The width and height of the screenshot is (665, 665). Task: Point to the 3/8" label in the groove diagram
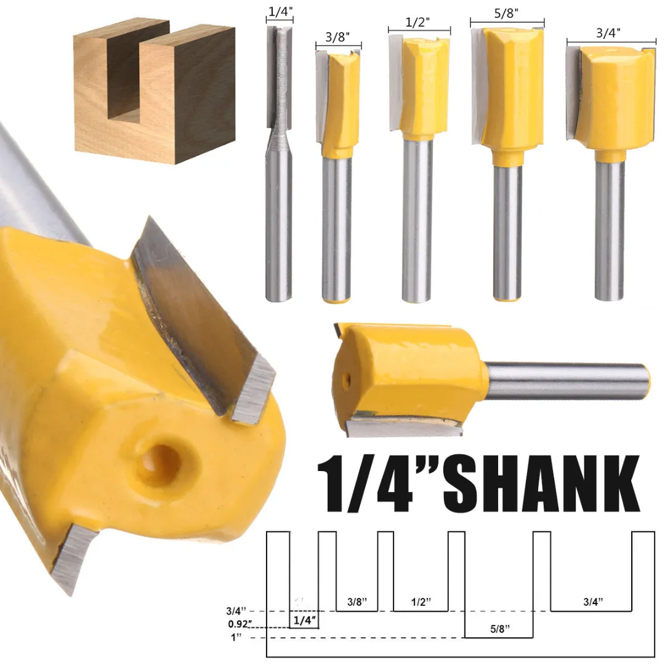point(357,601)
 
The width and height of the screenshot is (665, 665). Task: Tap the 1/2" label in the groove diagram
point(420,601)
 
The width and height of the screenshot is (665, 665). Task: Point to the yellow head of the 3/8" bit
point(342,102)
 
